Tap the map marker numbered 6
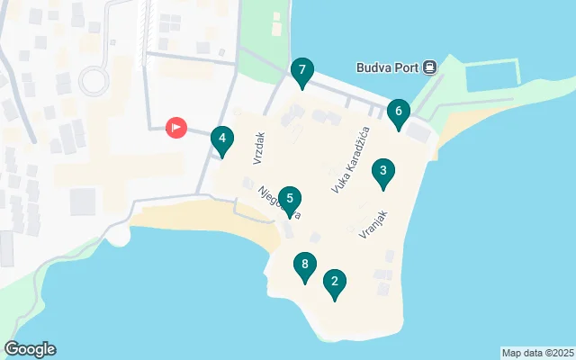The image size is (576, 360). click(398, 112)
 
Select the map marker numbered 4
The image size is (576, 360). click(383, 171)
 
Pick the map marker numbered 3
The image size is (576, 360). click(221, 140)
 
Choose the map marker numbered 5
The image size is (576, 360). click(289, 200)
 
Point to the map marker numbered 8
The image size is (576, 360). click(305, 265)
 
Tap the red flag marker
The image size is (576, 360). click(176, 128)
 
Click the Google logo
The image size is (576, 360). click(30, 349)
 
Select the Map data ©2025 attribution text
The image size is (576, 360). click(537, 353)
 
